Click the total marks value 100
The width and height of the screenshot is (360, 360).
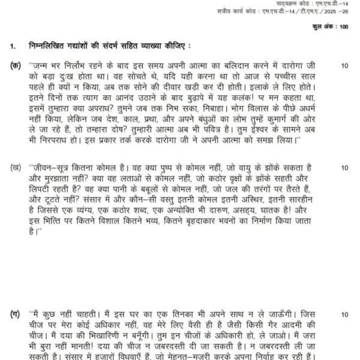click(x=343, y=28)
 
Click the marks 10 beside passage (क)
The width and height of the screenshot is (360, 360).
click(x=344, y=64)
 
